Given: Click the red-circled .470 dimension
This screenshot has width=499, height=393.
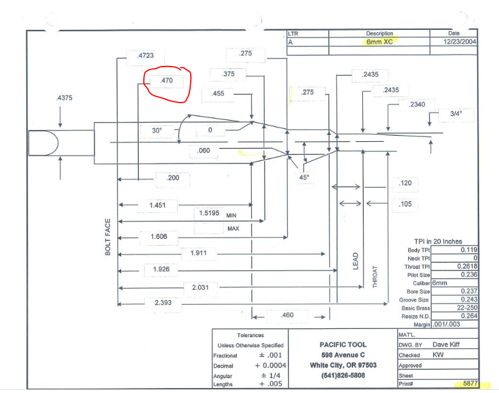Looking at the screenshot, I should (167, 81).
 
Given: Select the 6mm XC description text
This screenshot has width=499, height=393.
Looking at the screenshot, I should (380, 42).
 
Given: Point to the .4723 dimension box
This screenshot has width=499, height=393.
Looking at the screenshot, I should (145, 57).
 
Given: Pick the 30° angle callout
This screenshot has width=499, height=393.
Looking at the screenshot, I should (157, 131).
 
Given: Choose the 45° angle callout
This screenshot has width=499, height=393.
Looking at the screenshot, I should (304, 177).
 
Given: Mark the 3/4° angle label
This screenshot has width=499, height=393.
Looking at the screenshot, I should (457, 114).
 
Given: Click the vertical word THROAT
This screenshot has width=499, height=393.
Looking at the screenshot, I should (375, 274).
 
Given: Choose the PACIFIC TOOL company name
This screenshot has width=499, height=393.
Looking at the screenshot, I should (343, 344).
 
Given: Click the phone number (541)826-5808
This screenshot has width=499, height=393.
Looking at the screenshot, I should (343, 376).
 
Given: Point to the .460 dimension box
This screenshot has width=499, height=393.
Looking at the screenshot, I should (287, 316).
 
